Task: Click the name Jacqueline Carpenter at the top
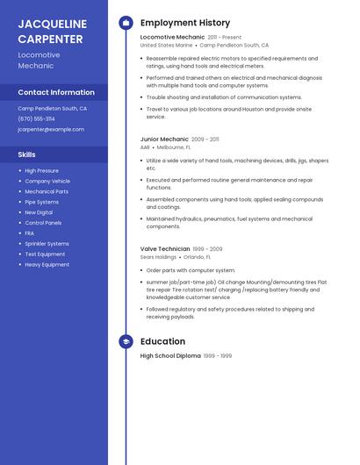coord(52,31)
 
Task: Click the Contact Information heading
coord(56,92)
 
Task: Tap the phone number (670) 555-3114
coord(36,118)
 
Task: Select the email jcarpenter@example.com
coord(51,129)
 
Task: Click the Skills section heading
coord(26,154)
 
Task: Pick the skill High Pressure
coord(41,170)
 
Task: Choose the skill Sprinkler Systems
coord(47,243)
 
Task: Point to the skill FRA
coord(30,232)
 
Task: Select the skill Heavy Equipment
coord(47,264)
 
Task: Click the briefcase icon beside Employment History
coord(126,23)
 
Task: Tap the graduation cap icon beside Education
coord(126,341)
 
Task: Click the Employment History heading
coord(185,23)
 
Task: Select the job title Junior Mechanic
coord(164,139)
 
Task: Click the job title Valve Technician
coord(165,249)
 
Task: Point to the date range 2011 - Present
coord(224,38)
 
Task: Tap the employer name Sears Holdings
coord(158,257)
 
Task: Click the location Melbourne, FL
coord(174,147)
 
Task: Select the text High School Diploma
coord(170,356)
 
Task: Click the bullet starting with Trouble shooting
coord(224,97)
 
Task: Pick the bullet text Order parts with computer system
coord(191,270)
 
